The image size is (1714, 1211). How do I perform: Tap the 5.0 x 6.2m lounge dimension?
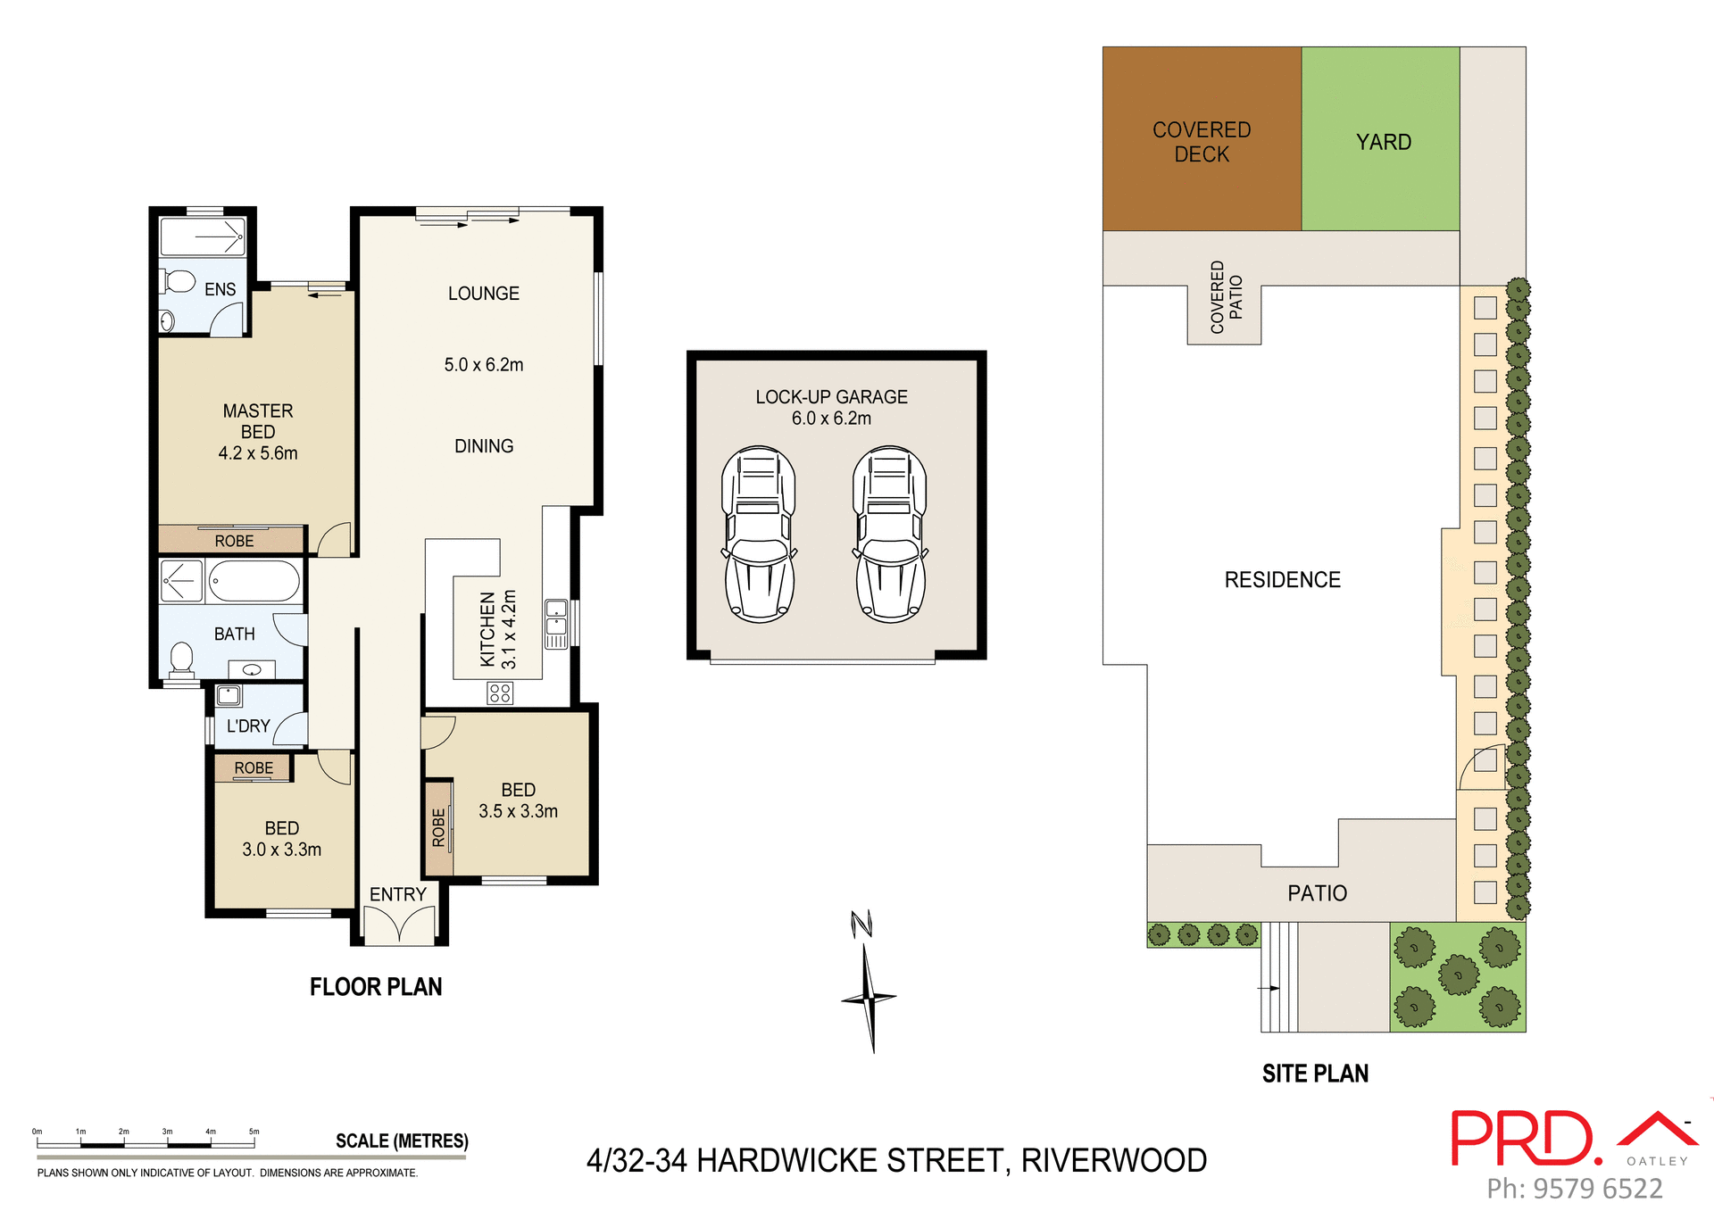[484, 365]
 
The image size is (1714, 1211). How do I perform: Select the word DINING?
[484, 446]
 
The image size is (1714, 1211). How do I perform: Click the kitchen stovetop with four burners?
[500, 693]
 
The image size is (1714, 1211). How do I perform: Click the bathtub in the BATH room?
[254, 582]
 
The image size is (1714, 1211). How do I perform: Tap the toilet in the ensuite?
[179, 282]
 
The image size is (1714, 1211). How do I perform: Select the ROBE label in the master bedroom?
[234, 542]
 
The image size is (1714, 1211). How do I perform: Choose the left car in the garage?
[759, 534]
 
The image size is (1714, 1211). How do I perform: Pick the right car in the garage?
[890, 534]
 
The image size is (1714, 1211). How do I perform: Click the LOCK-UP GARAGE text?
[831, 397]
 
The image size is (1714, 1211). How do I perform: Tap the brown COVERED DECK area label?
[1202, 142]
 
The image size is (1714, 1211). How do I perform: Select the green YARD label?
[1384, 143]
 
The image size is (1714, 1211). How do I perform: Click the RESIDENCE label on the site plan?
[1282, 580]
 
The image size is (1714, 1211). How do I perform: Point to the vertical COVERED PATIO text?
[1226, 297]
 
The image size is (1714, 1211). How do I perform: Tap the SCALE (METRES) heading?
[402, 1141]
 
